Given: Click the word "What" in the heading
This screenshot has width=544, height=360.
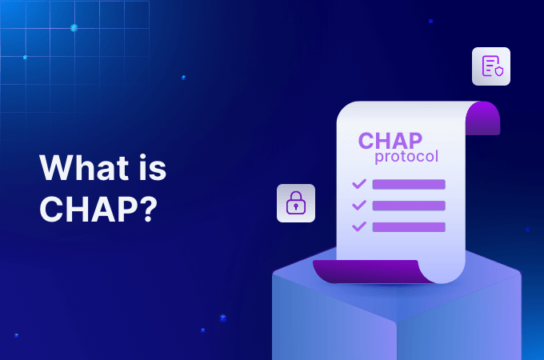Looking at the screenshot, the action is point(84,168).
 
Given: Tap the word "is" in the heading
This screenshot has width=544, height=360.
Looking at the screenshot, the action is point(153,168).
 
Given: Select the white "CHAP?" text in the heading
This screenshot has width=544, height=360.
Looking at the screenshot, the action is point(98,209).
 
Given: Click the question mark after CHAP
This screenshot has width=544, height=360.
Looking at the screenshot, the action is point(149,209).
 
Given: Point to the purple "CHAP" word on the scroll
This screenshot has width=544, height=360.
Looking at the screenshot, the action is point(390,141).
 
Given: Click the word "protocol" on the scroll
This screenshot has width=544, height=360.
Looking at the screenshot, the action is point(406,157).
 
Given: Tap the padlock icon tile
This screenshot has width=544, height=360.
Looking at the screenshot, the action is point(296,203).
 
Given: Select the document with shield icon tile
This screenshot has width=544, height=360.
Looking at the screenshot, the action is point(491,66).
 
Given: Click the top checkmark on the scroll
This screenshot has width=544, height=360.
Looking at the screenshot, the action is point(359,184).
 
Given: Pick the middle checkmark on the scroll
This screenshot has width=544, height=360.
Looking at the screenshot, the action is point(359,205).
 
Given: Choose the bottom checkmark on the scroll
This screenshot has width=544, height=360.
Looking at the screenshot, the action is point(359,226).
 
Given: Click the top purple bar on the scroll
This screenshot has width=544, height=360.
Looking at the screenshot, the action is point(409,185).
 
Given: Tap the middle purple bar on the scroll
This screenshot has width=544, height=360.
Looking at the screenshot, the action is point(409,206).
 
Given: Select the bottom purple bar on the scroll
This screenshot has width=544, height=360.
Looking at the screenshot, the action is point(409,227).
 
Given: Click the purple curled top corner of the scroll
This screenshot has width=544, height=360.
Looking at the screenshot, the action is point(484,118).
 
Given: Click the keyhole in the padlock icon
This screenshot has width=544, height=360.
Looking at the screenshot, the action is point(296,207).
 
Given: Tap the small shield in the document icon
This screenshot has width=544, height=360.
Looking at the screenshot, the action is point(499,71).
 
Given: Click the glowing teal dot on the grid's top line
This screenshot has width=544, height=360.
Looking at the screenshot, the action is point(74,28).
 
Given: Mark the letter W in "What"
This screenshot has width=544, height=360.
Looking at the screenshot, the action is point(55,168).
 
